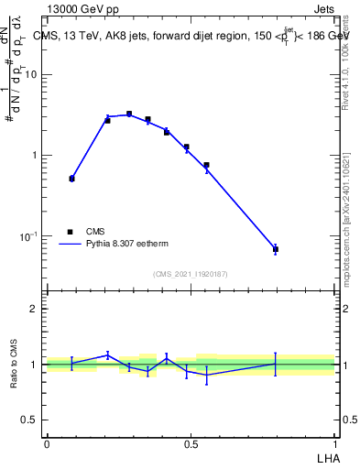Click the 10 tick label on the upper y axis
click(x=30, y=75)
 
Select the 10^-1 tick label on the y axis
click(x=27, y=236)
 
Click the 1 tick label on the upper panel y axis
click(x=34, y=156)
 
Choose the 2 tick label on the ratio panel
click(x=34, y=309)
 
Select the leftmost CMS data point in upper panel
click(x=71, y=179)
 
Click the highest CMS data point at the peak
click(x=129, y=115)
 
